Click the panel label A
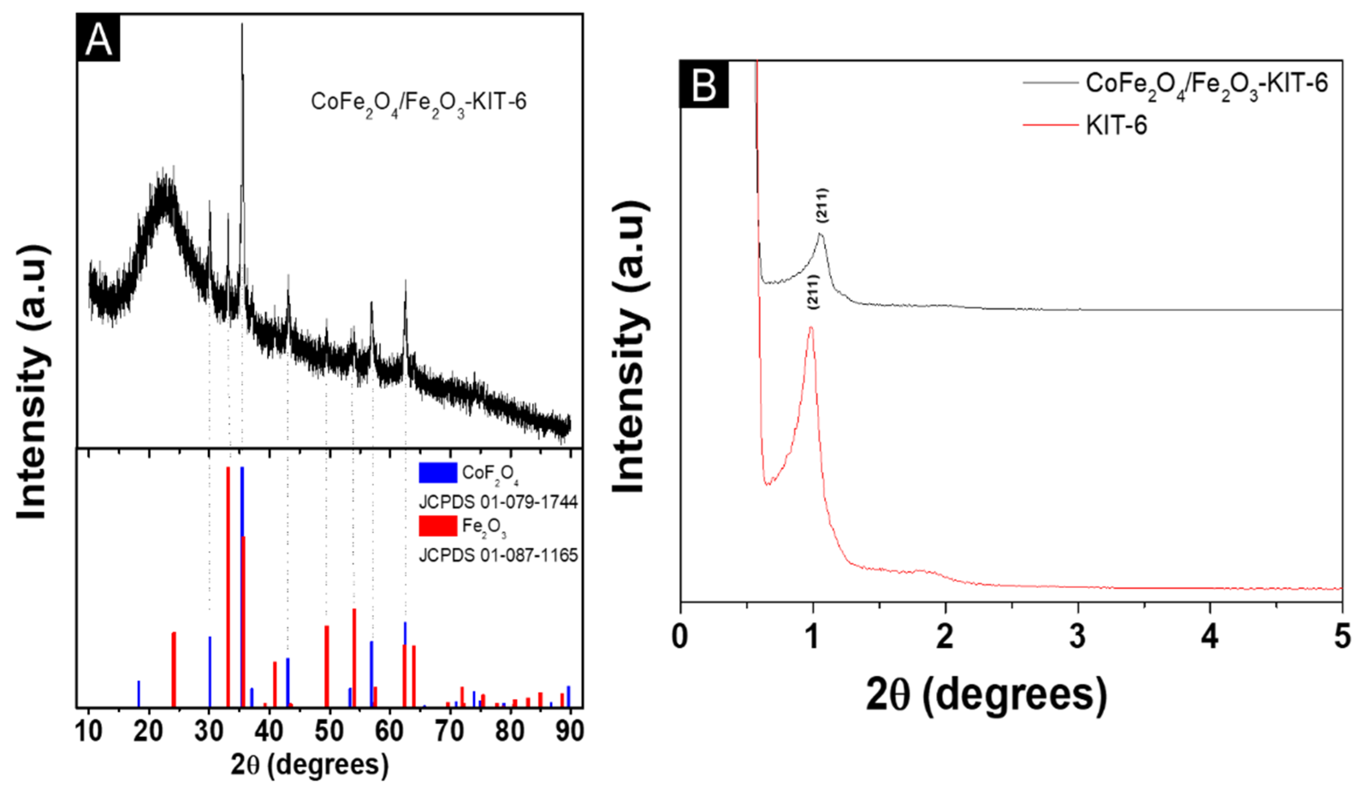click(x=98, y=39)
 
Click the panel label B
click(x=704, y=85)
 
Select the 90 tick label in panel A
click(x=569, y=731)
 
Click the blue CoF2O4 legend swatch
click(x=438, y=473)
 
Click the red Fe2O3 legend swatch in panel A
click(x=438, y=526)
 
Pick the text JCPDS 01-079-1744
click(x=498, y=502)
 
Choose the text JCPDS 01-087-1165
click(x=498, y=555)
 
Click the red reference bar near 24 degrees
click(x=174, y=668)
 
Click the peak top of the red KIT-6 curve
click(x=811, y=327)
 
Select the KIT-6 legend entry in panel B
click(x=1116, y=126)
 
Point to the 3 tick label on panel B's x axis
click(x=1077, y=636)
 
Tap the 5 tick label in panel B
click(x=1342, y=636)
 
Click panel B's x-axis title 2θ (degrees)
click(x=986, y=697)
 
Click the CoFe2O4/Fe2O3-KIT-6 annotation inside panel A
click(x=418, y=102)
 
